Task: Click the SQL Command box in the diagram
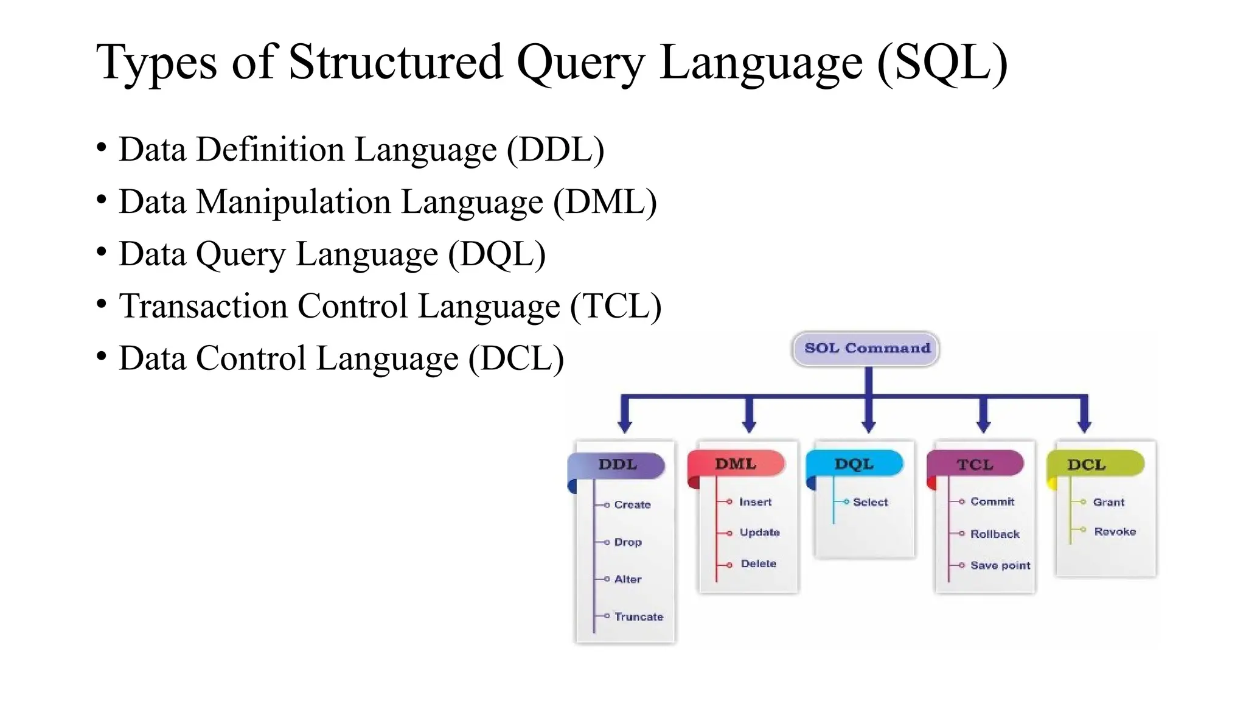pos(866,349)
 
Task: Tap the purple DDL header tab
pos(617,465)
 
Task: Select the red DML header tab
pos(736,464)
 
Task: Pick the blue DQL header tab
pos(854,464)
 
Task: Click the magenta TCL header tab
pos(975,465)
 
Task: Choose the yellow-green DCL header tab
pos(1087,465)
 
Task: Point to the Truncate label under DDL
pos(638,616)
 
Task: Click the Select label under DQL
pos(870,502)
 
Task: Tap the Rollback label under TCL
pos(995,534)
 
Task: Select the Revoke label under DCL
pos(1115,531)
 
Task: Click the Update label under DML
pos(759,532)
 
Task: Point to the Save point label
pos(1000,565)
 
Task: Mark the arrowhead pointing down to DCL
pos(1084,426)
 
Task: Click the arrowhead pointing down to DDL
pos(625,426)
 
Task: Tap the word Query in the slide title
pos(581,63)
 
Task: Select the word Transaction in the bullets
pos(203,306)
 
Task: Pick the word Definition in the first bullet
pos(270,150)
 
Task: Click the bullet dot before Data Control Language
pos(102,356)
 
